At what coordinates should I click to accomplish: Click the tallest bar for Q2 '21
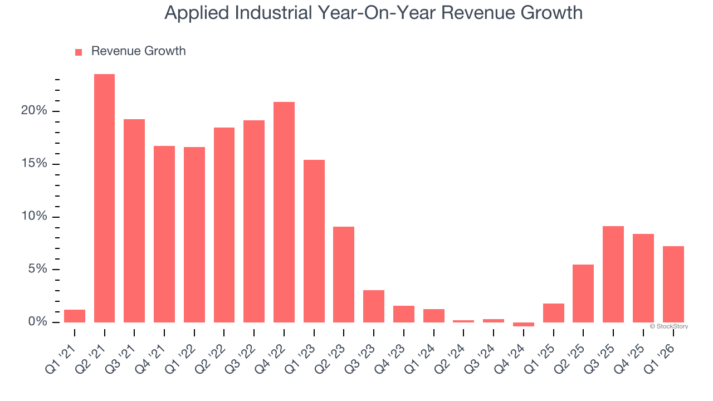coord(104,198)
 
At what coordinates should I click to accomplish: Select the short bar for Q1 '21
coord(75,316)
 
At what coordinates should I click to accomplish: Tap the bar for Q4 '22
coord(284,212)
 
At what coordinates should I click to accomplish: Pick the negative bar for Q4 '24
coord(524,324)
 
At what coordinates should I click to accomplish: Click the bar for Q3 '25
coord(613,274)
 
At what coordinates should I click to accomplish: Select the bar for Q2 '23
coord(344,275)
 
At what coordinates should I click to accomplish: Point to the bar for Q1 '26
coord(673,284)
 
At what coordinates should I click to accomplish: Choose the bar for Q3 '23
coord(374,306)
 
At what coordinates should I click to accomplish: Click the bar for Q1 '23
coord(314,241)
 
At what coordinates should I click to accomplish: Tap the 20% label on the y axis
coord(35,111)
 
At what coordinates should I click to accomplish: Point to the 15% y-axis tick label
coord(35,164)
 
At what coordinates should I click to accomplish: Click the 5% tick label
coord(37,270)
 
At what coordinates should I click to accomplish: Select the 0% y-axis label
coord(37,322)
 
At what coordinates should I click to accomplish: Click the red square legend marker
coord(79,52)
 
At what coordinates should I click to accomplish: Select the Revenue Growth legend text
coord(138,51)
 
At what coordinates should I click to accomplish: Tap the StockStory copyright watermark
coord(668,326)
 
